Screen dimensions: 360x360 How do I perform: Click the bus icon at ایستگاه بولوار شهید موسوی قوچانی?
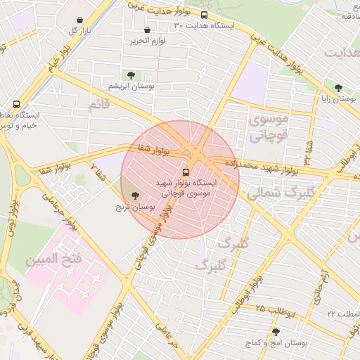[186, 172]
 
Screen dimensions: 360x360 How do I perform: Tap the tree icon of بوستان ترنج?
[134, 196]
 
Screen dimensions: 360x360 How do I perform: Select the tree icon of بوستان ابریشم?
[130, 75]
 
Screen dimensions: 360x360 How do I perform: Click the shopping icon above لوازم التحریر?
[147, 30]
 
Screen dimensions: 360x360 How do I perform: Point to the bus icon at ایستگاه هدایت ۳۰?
[204, 15]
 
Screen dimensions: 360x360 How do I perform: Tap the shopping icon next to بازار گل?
[80, 20]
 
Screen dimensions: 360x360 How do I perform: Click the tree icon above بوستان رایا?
[338, 89]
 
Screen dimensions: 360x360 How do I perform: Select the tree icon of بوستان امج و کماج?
[275, 332]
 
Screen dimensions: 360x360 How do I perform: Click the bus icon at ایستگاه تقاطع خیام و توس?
[16, 104]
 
